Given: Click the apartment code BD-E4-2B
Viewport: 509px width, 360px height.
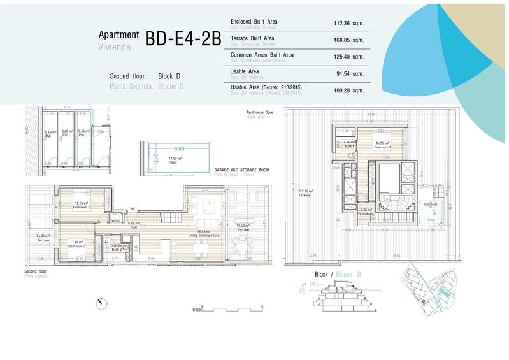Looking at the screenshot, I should click(x=183, y=38).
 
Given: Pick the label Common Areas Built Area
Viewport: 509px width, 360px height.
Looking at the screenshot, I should click(x=262, y=55).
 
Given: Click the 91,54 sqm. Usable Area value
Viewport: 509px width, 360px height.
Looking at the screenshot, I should click(x=352, y=74).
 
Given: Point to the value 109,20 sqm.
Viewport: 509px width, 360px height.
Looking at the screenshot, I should click(x=350, y=90).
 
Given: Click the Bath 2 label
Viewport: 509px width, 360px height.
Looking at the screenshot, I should click(x=116, y=248).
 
